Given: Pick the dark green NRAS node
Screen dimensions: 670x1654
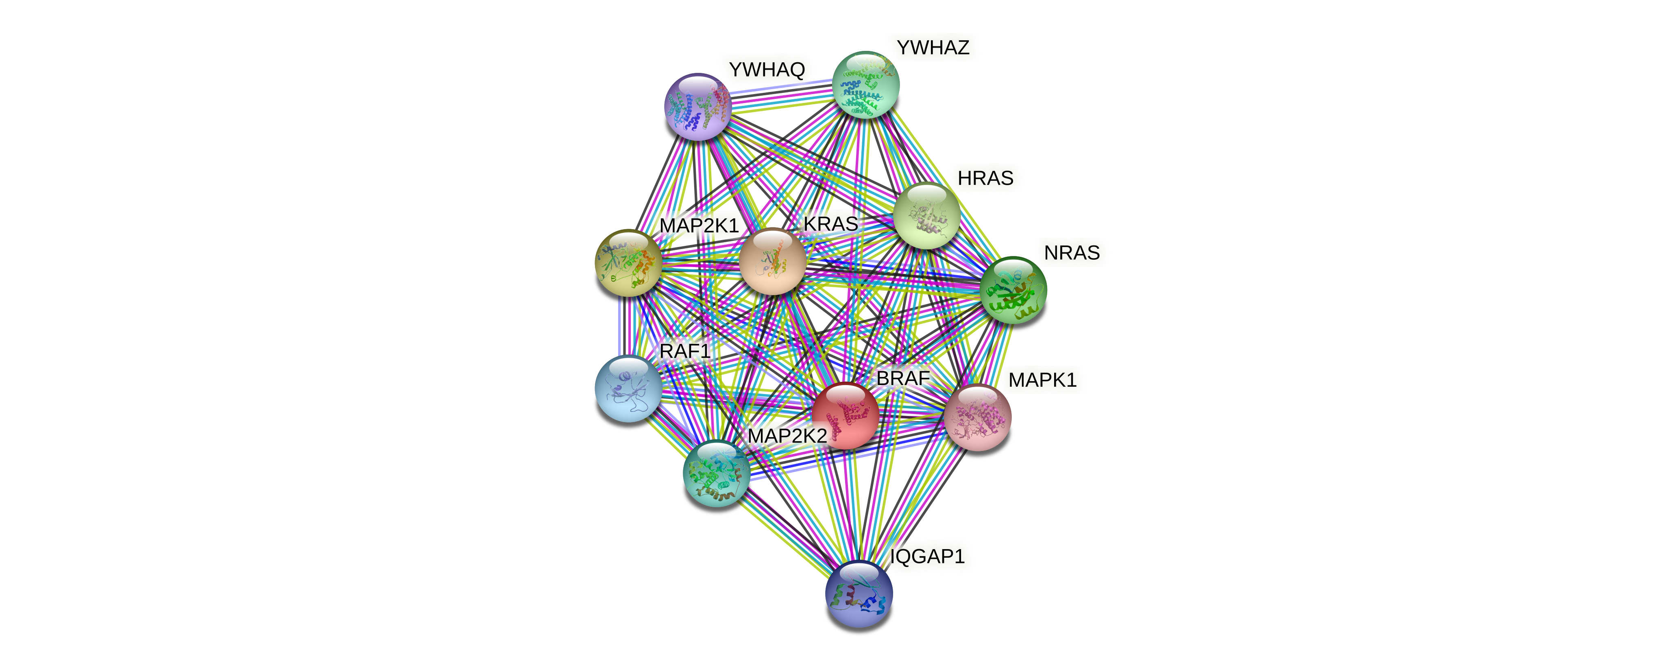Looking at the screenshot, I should (1013, 290).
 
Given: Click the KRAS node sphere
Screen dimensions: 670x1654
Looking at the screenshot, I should (772, 261).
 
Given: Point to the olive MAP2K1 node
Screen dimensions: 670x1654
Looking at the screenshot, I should (628, 263).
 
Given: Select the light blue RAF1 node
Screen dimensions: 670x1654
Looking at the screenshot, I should (628, 388).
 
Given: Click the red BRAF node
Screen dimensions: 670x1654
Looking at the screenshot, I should (846, 415).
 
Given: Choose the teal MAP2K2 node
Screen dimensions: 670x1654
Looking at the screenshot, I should (716, 473).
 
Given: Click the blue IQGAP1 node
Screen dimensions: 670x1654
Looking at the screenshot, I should (859, 593).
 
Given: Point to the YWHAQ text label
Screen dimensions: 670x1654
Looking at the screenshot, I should (767, 69).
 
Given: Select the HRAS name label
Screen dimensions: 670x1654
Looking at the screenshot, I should (985, 178).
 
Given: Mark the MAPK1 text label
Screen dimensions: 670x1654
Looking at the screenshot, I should (1042, 380).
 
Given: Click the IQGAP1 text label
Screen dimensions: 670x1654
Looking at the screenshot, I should (927, 556).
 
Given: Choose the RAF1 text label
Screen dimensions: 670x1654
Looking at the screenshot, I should (684, 351).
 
